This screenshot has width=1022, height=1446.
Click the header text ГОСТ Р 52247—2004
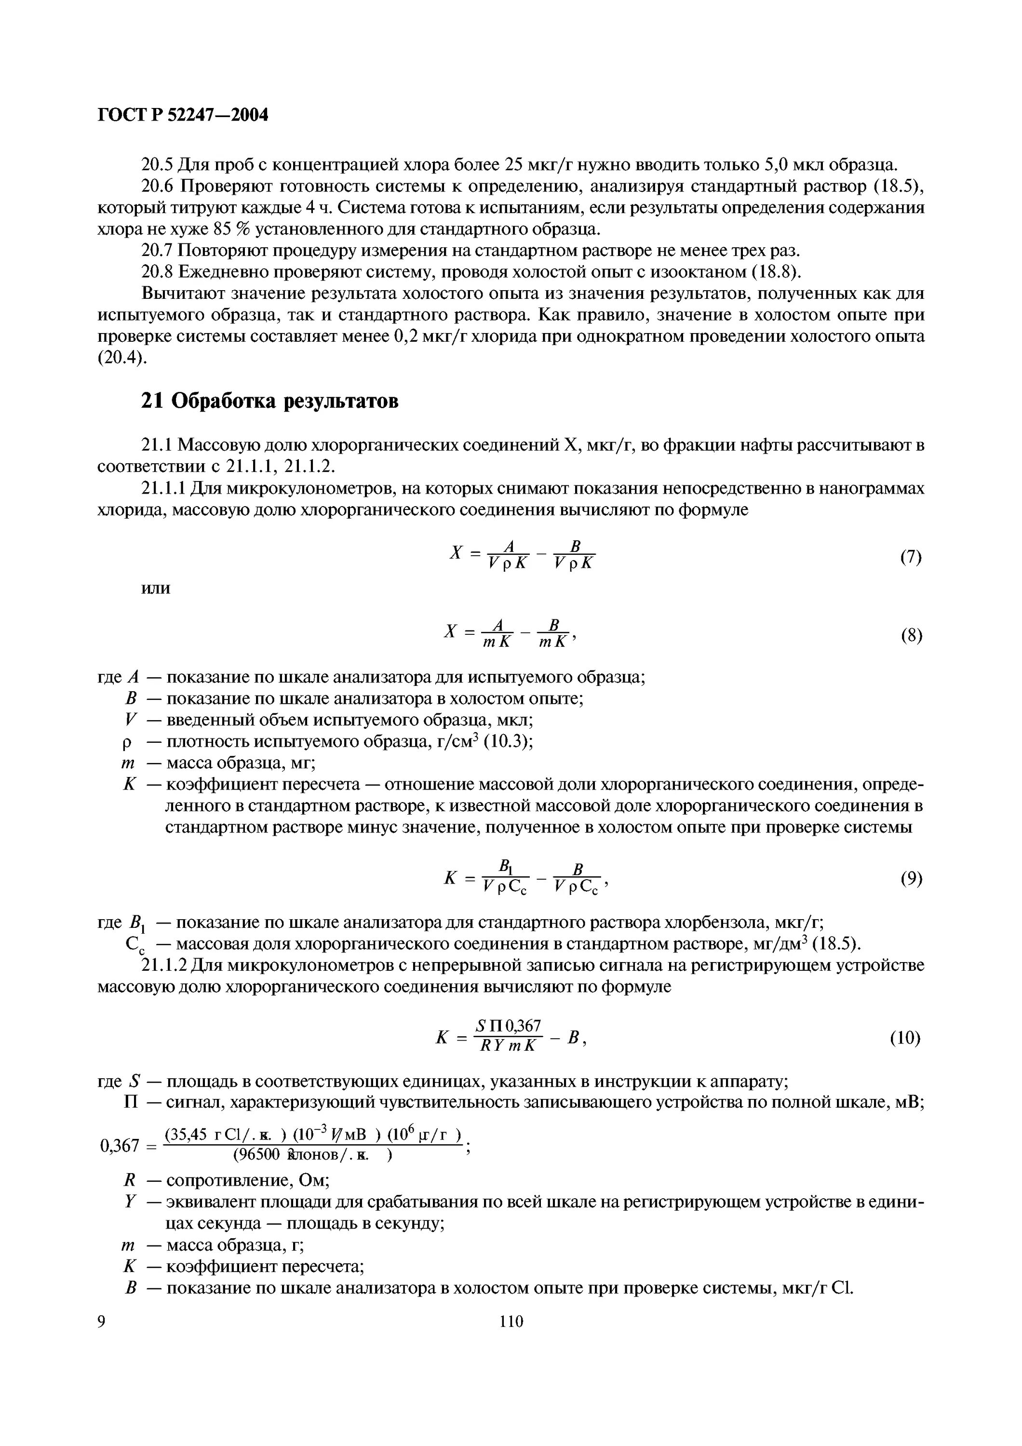point(183,115)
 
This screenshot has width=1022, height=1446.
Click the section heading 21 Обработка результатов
point(269,401)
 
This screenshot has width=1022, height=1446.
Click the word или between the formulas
point(155,588)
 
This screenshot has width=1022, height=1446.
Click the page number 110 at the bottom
point(511,1321)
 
